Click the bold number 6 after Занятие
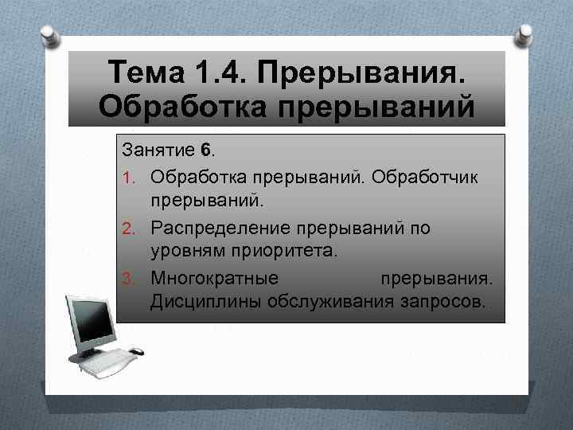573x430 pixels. tap(206, 150)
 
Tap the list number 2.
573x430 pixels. tap(127, 229)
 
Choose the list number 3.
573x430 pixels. tap(127, 280)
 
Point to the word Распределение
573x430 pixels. tap(220, 229)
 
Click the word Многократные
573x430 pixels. tap(214, 280)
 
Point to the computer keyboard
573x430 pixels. tap(103, 362)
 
